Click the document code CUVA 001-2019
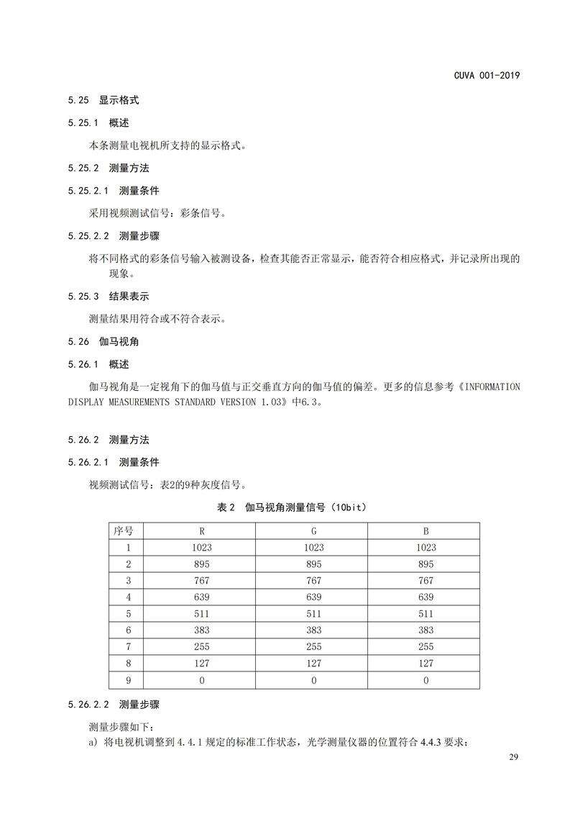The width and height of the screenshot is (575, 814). tap(487, 76)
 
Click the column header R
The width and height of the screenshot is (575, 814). tap(201, 531)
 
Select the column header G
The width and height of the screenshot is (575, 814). tap(313, 531)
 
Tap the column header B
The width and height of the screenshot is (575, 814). tap(425, 531)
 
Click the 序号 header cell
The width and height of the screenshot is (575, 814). tap(124, 531)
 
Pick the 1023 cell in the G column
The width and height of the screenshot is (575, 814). tap(313, 547)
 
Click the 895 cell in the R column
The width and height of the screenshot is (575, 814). tap(201, 564)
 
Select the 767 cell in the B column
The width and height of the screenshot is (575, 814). tap(425, 580)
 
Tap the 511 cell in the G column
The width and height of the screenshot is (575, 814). tap(313, 613)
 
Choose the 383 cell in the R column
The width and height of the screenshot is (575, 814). tap(201, 630)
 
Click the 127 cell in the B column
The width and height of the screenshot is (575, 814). tap(425, 663)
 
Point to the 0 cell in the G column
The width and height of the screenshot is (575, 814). tap(313, 679)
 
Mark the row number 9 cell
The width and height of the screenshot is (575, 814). tap(128, 679)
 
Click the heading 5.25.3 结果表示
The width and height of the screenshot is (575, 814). tap(109, 296)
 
